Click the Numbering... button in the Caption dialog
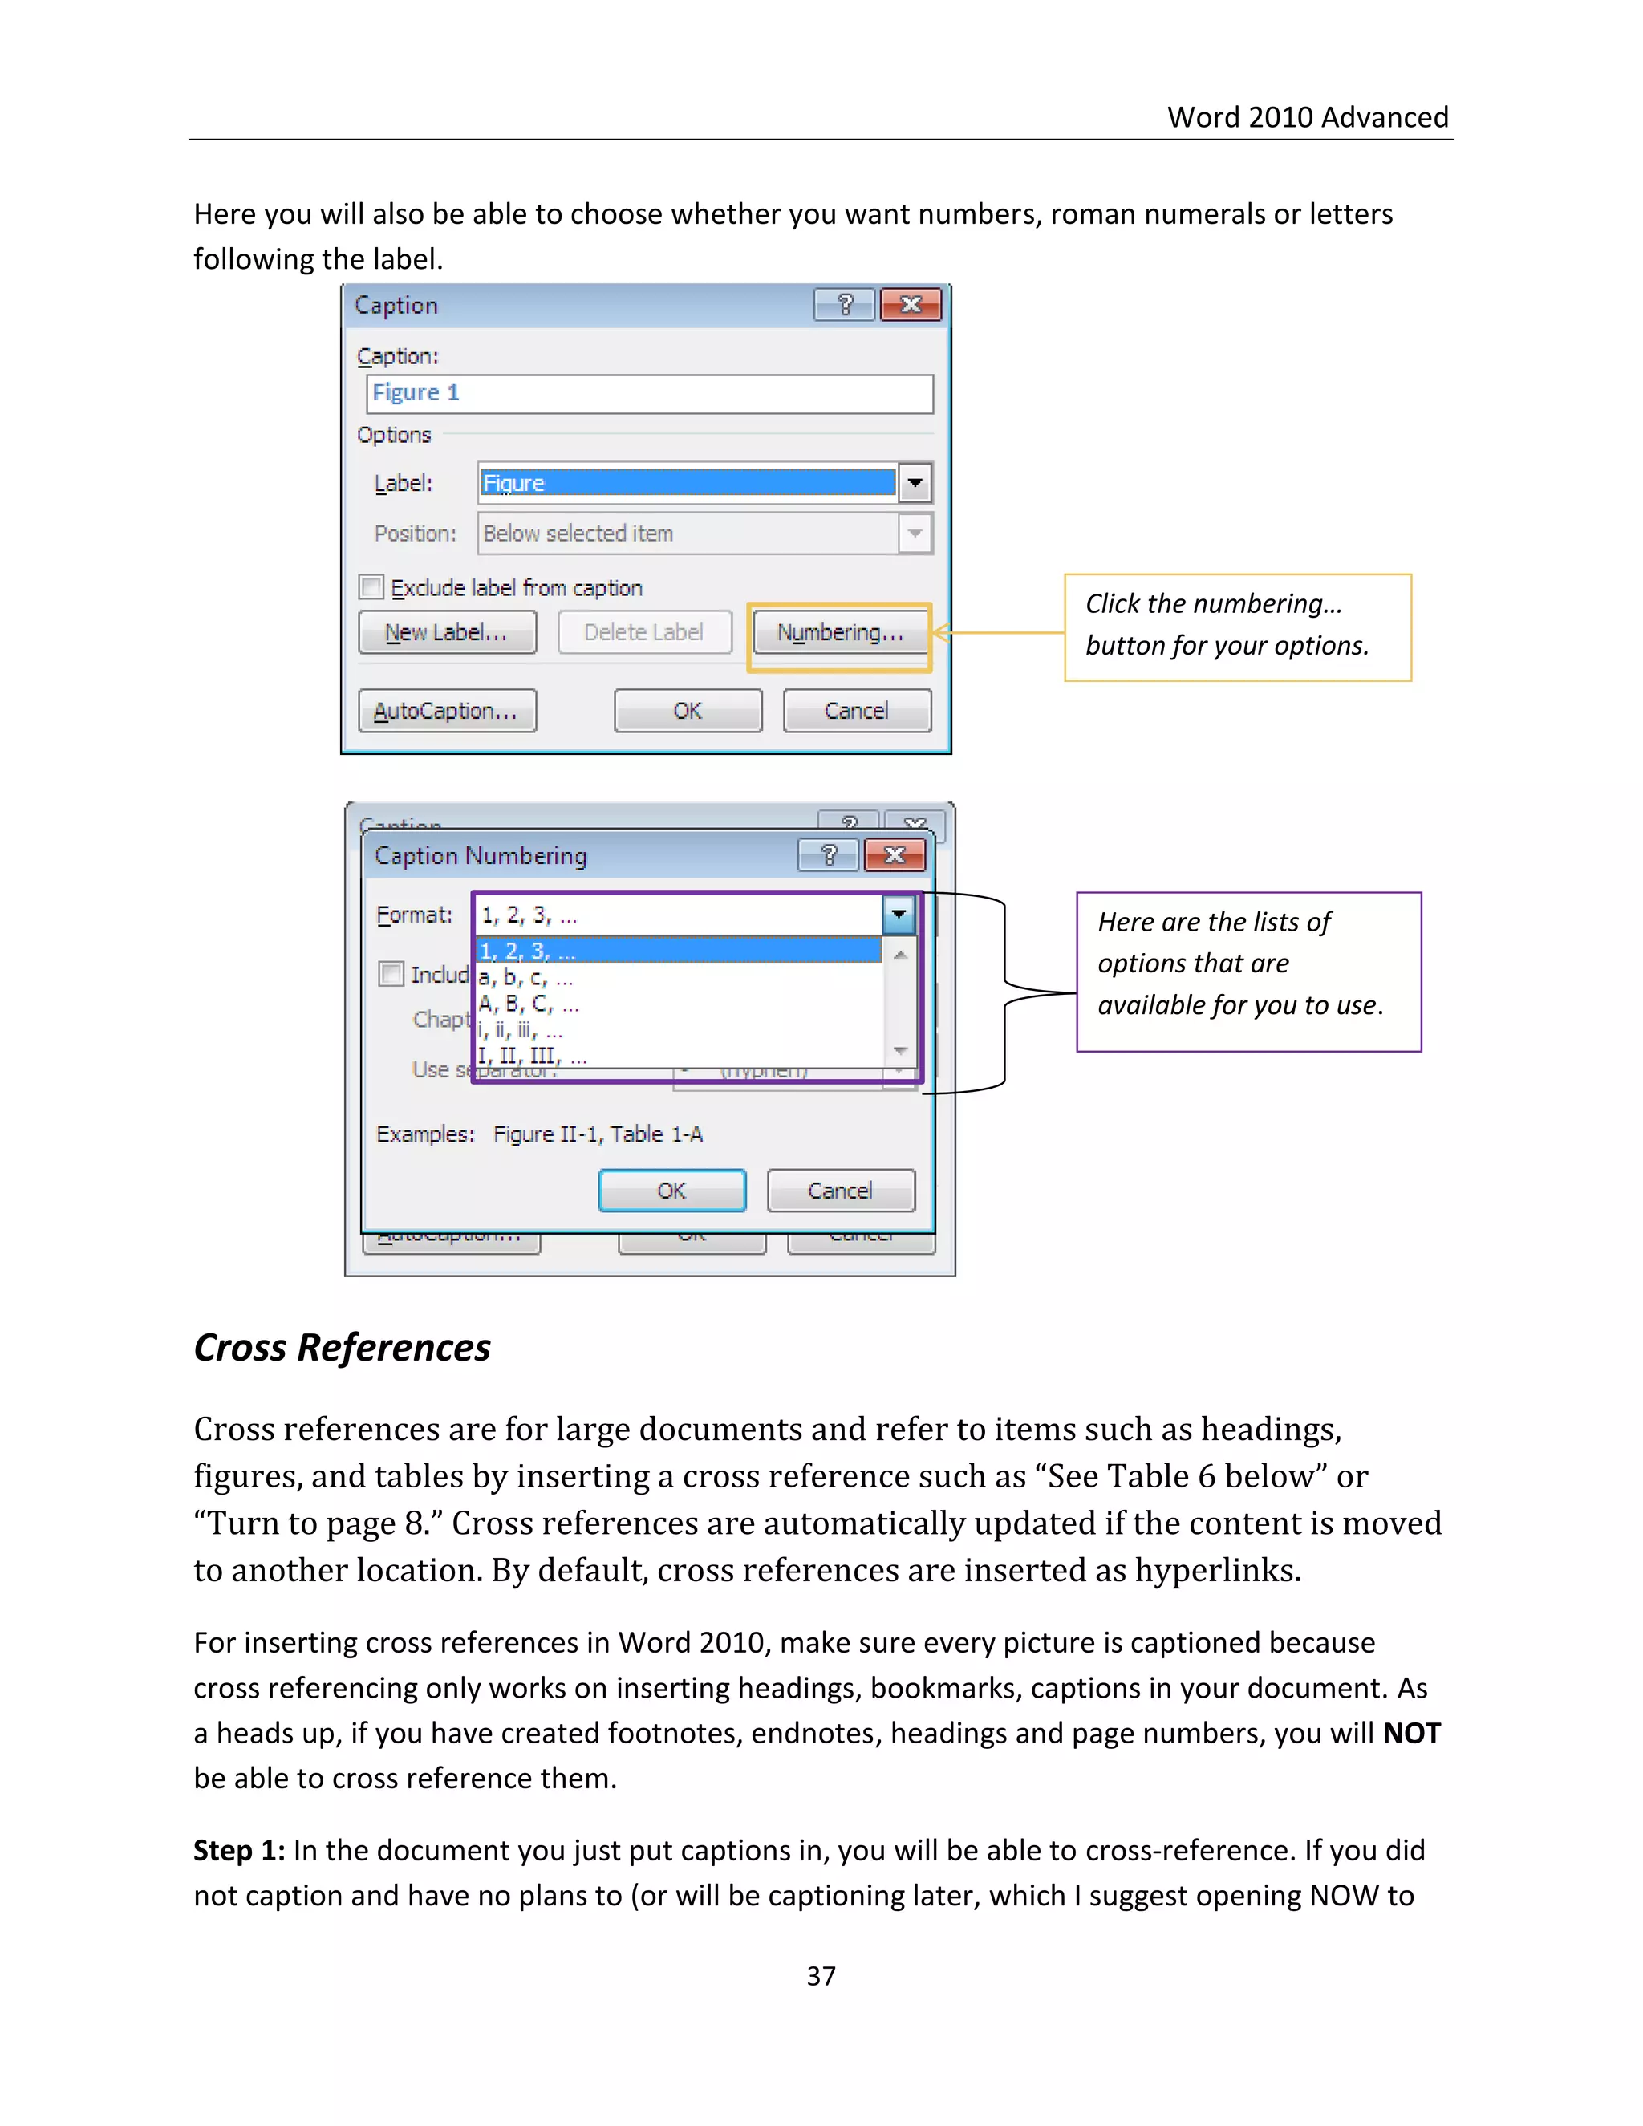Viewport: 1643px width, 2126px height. click(840, 633)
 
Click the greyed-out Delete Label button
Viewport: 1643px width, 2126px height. click(643, 633)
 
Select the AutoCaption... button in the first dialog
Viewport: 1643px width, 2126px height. click(446, 712)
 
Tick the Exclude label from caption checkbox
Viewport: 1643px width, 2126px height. click(371, 587)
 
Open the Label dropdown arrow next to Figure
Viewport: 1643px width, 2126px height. click(915, 483)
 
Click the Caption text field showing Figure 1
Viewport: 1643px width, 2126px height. click(649, 393)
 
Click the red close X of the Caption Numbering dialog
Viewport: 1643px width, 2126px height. click(895, 856)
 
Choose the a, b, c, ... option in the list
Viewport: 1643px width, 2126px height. click(526, 978)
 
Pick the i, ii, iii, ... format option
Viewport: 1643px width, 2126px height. click(521, 1031)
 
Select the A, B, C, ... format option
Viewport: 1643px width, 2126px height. click(529, 1004)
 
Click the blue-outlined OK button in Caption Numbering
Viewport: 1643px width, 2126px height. click(671, 1191)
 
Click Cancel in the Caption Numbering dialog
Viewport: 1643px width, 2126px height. click(840, 1191)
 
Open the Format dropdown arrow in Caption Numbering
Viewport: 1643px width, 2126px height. click(899, 915)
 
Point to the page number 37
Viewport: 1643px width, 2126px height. click(821, 1976)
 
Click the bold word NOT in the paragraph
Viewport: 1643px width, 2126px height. click(1411, 1734)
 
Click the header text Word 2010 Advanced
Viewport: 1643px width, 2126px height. click(1307, 118)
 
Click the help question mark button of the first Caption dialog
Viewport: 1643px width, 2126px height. click(844, 306)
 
